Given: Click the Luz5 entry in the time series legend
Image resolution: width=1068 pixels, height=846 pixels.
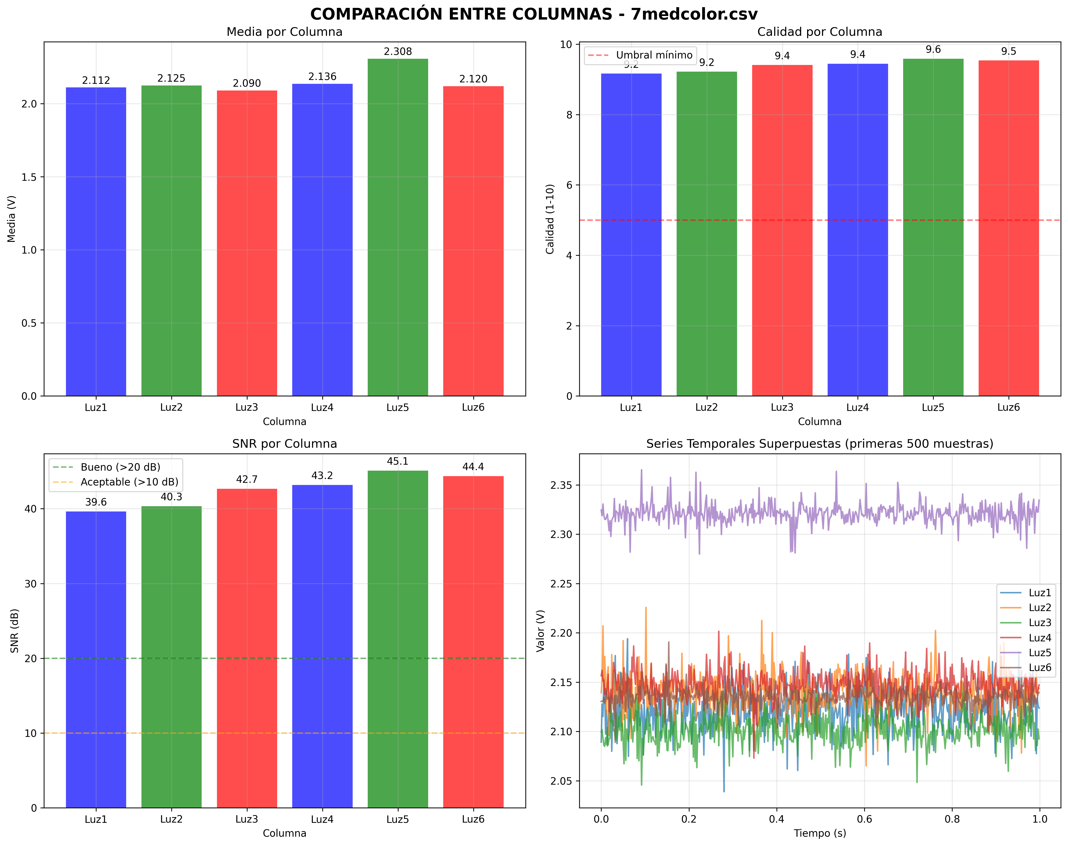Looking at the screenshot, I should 1039,652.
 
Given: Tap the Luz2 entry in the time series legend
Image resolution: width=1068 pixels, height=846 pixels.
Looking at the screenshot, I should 1039,607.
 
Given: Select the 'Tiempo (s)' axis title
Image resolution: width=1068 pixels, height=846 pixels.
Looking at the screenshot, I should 820,833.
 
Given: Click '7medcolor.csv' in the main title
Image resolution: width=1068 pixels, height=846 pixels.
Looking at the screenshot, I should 694,14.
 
